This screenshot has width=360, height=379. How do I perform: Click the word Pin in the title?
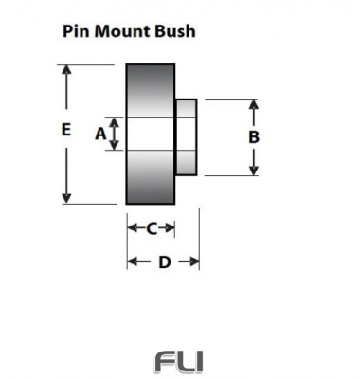pos(77,30)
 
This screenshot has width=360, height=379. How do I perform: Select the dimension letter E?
pos(64,131)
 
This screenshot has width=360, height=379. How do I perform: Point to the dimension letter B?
pos(253,136)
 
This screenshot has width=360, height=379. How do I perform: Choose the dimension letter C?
pos(152,227)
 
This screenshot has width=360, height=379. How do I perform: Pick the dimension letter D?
pos(163,262)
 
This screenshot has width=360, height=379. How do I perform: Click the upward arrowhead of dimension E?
pos(65,71)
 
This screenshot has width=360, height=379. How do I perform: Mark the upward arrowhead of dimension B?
pos(253,104)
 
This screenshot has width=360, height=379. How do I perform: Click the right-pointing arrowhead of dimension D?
pos(194,262)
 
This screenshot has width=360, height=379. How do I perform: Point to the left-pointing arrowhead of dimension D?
pos(133,262)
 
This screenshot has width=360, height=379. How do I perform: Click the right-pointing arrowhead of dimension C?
pos(171,227)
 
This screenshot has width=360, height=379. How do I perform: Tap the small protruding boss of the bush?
pos(187,136)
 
